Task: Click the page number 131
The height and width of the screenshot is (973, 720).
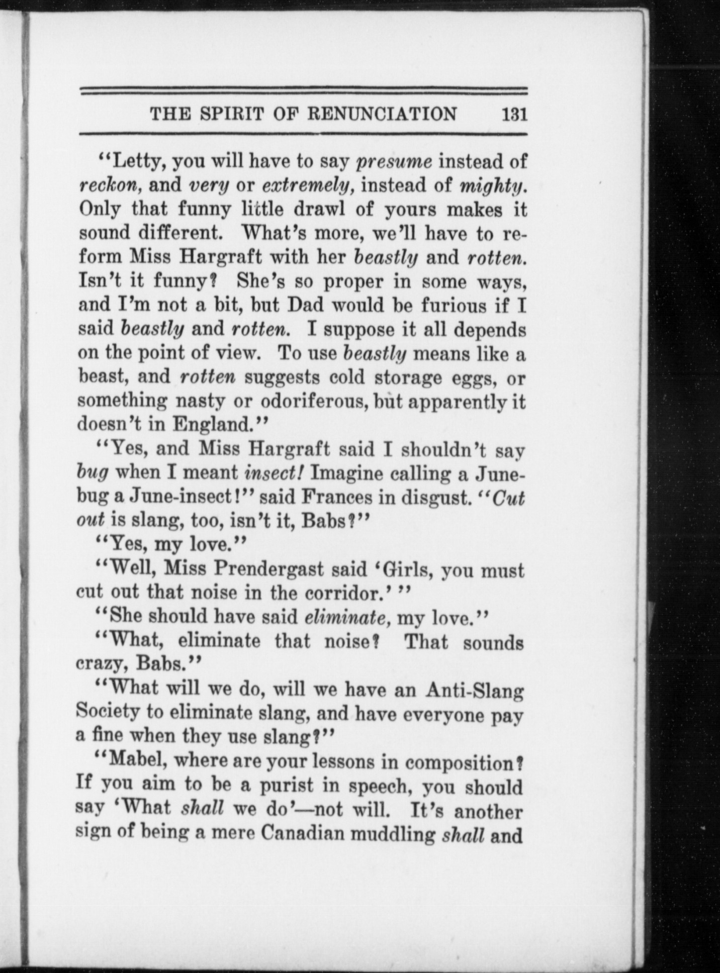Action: click(x=513, y=115)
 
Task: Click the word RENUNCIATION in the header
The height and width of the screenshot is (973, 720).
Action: click(x=382, y=115)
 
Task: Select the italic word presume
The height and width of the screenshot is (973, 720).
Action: click(x=394, y=162)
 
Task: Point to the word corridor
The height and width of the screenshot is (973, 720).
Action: click(x=342, y=594)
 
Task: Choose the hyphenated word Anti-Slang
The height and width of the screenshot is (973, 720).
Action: click(x=474, y=691)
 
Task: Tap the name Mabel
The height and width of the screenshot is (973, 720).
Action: click(x=131, y=761)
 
